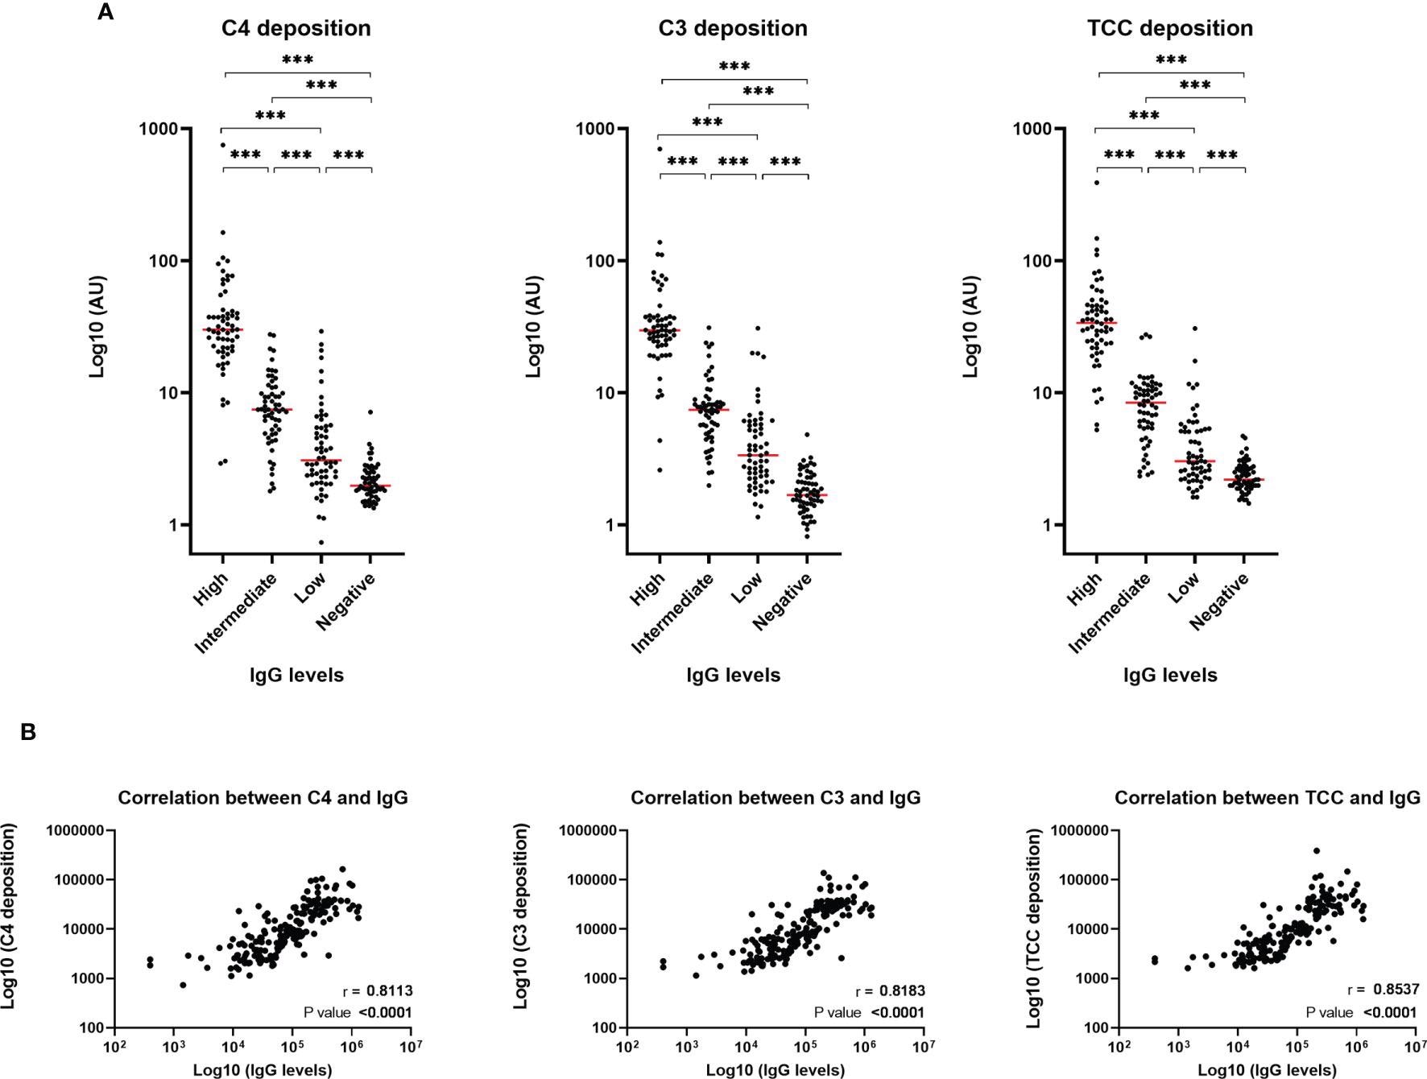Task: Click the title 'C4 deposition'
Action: (296, 28)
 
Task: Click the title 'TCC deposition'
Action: (1169, 28)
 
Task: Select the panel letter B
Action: (28, 733)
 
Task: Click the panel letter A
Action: (105, 12)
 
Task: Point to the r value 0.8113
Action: (390, 990)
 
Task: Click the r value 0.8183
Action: (902, 990)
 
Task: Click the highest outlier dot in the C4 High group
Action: (223, 146)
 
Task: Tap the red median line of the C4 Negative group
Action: (370, 486)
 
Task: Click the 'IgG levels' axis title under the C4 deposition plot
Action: (296, 675)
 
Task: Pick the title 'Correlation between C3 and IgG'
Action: (775, 798)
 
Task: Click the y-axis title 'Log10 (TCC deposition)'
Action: (1035, 928)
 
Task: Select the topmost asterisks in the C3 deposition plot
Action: (734, 66)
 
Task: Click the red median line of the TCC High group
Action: (1096, 323)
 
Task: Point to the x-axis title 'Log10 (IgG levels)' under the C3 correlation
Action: (775, 1070)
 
